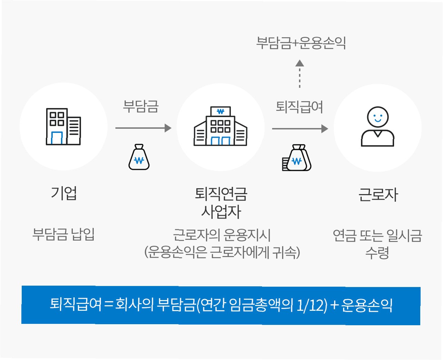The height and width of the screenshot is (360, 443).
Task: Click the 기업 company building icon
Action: coord(63,127)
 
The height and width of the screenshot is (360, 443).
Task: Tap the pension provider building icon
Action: coord(220,126)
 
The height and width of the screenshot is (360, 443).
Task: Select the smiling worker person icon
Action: coord(377,127)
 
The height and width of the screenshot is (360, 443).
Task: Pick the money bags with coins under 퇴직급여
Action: coord(297,158)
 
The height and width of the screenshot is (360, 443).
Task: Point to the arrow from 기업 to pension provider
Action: coord(143,128)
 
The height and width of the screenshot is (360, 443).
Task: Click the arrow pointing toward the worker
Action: coord(300,129)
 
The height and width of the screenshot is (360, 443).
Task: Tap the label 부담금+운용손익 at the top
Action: coord(301,43)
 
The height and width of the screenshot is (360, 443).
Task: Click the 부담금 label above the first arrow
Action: coord(141,106)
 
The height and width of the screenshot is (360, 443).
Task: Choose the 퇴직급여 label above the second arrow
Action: coord(299,107)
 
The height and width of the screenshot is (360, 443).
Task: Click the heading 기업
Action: coord(64,193)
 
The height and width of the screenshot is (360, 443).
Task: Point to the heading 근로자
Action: coord(378,195)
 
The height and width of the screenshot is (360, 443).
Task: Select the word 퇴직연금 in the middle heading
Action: coord(221,194)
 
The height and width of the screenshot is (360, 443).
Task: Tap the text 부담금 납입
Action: coord(63,234)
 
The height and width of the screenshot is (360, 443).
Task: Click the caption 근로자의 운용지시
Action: coord(222,235)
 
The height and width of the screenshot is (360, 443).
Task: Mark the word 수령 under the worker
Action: coord(377,253)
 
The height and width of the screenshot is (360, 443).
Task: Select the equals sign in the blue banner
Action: coord(108,305)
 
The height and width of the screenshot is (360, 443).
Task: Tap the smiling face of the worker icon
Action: coord(377,117)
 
